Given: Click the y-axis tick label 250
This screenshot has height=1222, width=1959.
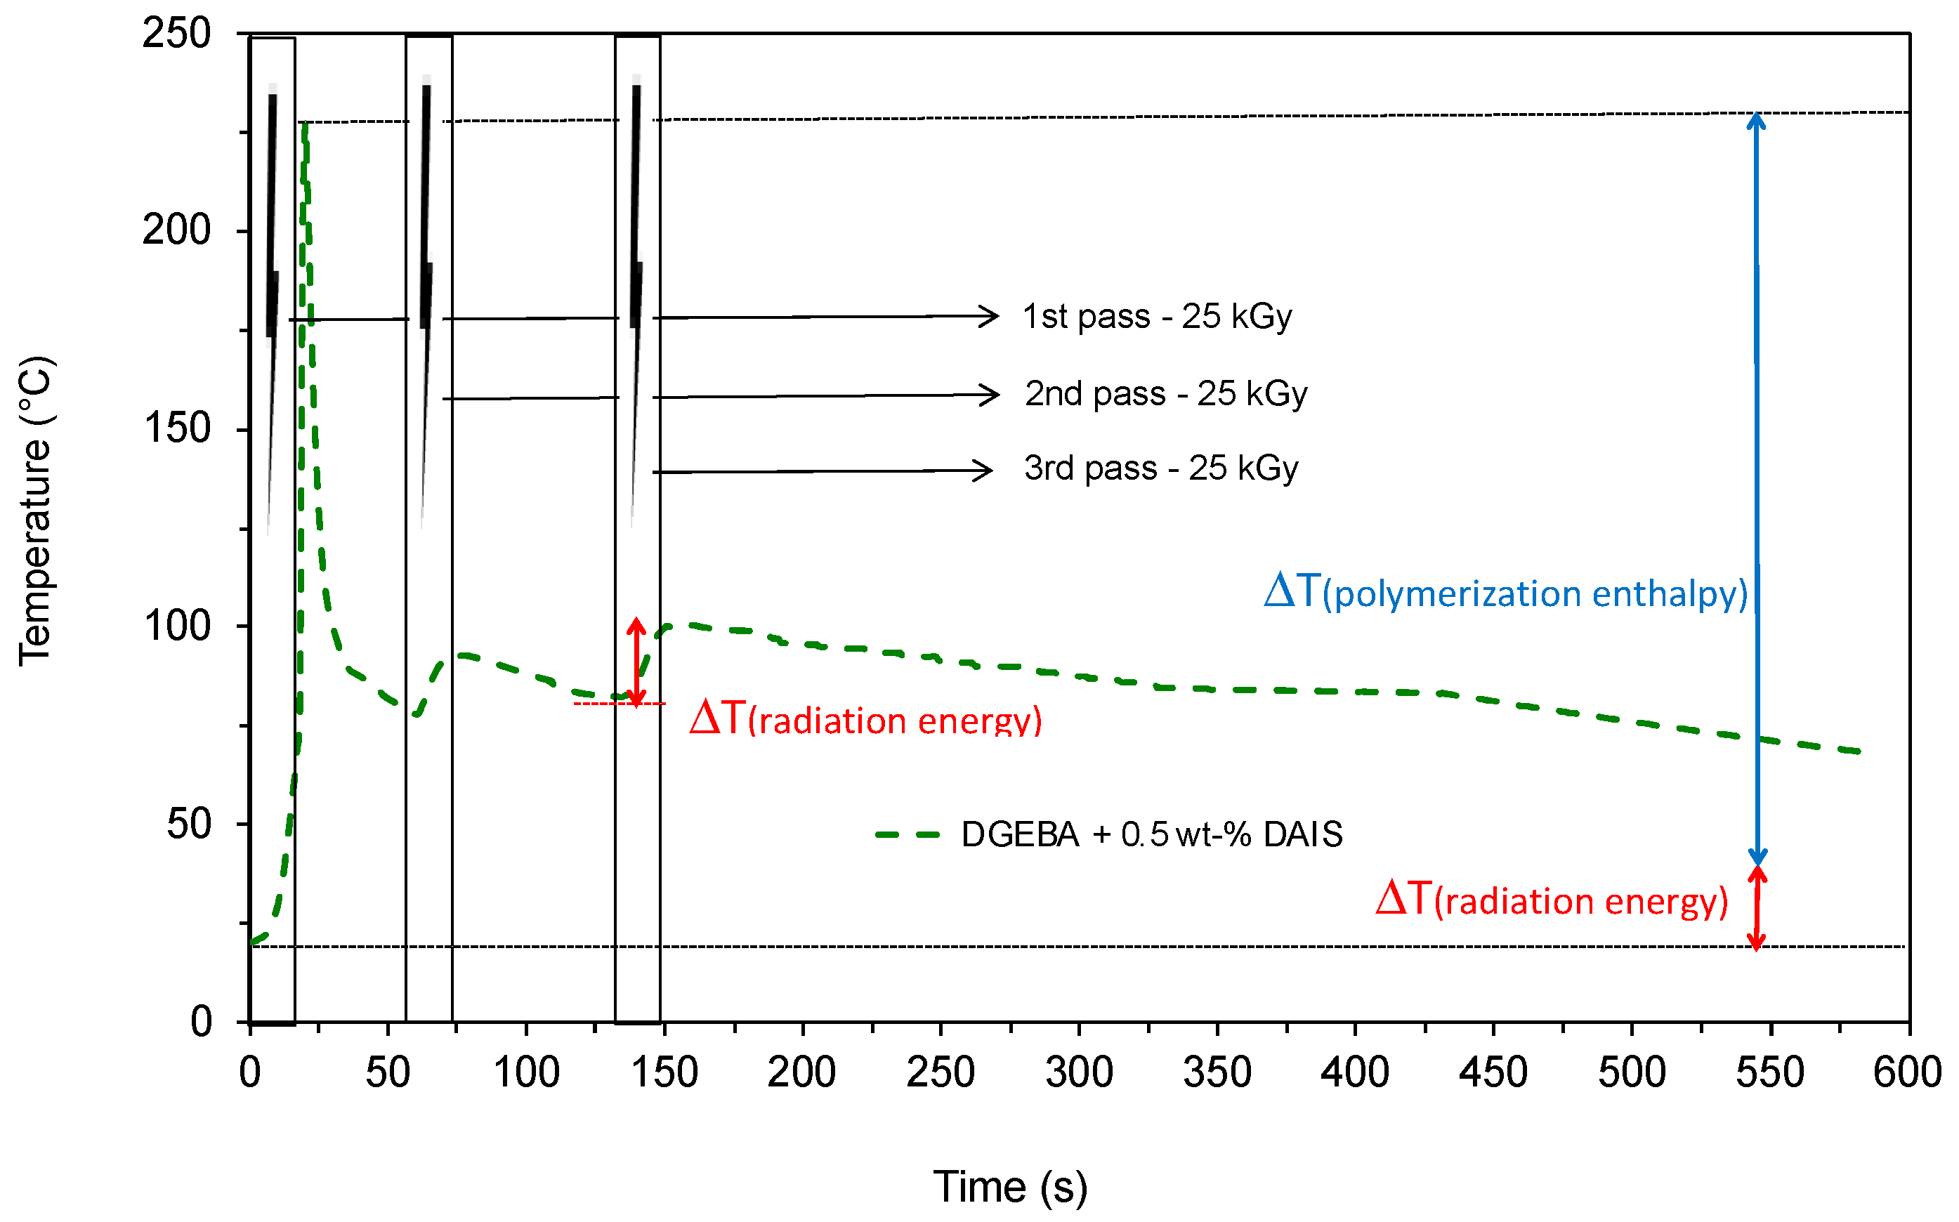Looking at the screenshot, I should click(x=176, y=34).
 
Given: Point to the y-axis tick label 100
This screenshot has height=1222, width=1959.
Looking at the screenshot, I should click(x=176, y=626).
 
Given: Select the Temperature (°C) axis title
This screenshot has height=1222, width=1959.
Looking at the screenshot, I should click(x=37, y=511).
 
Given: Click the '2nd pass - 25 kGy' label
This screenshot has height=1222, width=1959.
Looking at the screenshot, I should click(x=1165, y=393).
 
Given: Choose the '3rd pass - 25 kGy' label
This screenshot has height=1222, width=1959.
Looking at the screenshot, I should click(x=1160, y=468).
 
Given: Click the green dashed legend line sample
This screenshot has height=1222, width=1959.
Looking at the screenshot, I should click(x=908, y=835).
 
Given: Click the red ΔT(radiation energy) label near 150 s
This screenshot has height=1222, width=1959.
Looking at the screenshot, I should click(x=865, y=718).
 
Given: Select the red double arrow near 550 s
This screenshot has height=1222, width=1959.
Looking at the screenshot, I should click(x=1757, y=907).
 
